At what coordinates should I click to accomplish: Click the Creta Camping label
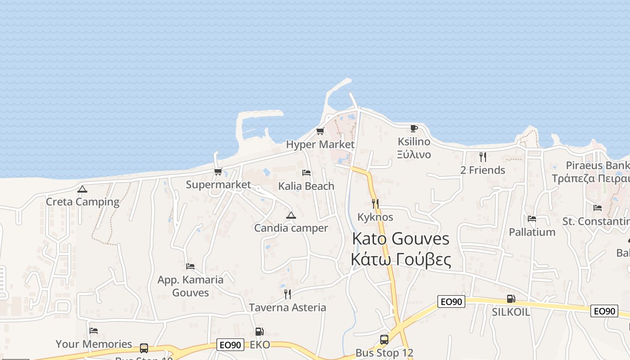pyautogui.click(x=82, y=202)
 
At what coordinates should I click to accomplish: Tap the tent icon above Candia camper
pyautogui.click(x=291, y=215)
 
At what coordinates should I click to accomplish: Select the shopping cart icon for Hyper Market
pyautogui.click(x=320, y=131)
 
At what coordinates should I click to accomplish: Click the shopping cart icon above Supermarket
pyautogui.click(x=218, y=171)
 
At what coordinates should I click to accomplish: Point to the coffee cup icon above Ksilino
pyautogui.click(x=414, y=128)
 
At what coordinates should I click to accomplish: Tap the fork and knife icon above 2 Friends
pyautogui.click(x=482, y=157)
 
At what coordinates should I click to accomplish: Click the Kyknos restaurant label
pyautogui.click(x=375, y=217)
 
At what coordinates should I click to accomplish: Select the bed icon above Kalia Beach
pyautogui.click(x=306, y=173)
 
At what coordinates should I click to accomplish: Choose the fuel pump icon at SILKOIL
pyautogui.click(x=511, y=299)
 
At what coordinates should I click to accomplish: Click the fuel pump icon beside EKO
pyautogui.click(x=259, y=332)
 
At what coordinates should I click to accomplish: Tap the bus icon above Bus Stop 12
pyautogui.click(x=384, y=340)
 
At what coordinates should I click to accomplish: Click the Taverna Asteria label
pyautogui.click(x=288, y=307)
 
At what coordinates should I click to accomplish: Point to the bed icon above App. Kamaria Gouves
pyautogui.click(x=190, y=266)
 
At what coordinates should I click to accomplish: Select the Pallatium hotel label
pyautogui.click(x=532, y=232)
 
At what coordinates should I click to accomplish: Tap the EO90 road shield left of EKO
pyautogui.click(x=230, y=345)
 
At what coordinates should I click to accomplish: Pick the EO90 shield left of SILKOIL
pyautogui.click(x=451, y=302)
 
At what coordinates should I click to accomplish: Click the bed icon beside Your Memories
pyautogui.click(x=94, y=331)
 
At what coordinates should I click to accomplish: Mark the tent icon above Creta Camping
pyautogui.click(x=82, y=189)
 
